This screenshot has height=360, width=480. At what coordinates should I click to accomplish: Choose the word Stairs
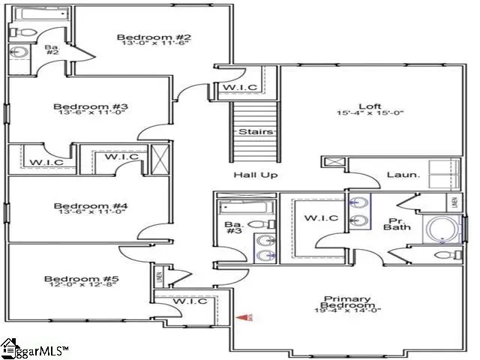pos(251,132)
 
